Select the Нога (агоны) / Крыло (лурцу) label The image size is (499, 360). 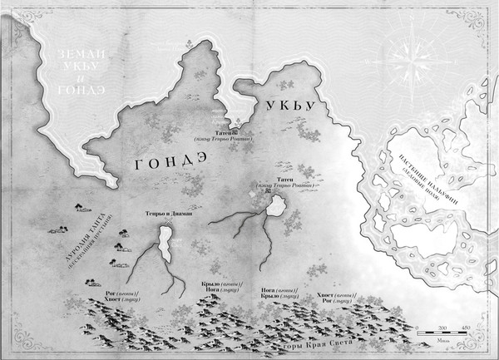click(273, 290)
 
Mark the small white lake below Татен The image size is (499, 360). click(274, 208)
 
